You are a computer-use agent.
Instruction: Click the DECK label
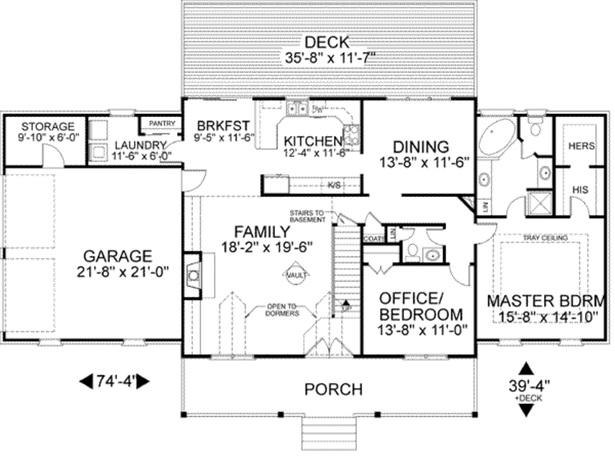pyautogui.click(x=326, y=42)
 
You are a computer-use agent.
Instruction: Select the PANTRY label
pyautogui.click(x=162, y=124)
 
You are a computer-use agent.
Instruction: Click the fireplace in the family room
pyautogui.click(x=193, y=276)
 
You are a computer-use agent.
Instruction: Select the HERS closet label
pyautogui.click(x=581, y=146)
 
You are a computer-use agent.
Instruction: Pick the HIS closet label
pyautogui.click(x=580, y=190)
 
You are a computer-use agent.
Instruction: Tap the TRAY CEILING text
pyautogui.click(x=545, y=238)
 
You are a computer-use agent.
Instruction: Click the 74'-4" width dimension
pyautogui.click(x=114, y=381)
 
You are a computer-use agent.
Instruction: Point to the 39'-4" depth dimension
pyautogui.click(x=526, y=385)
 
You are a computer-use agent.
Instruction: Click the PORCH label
pyautogui.click(x=333, y=389)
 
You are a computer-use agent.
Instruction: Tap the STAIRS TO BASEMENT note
pyautogui.click(x=307, y=216)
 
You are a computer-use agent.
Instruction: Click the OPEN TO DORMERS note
pyautogui.click(x=282, y=310)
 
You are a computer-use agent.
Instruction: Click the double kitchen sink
pyautogui.click(x=296, y=109)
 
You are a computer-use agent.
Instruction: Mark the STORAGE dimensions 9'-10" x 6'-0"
pyautogui.click(x=47, y=138)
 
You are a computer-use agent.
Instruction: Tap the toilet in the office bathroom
pyautogui.click(x=412, y=252)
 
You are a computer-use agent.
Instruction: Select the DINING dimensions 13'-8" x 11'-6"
pyautogui.click(x=424, y=162)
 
